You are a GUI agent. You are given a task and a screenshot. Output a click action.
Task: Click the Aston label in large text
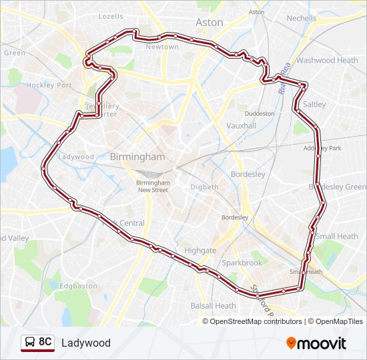[210, 22]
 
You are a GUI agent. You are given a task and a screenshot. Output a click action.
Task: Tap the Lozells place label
[111, 16]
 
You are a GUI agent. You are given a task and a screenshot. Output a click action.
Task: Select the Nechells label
[302, 18]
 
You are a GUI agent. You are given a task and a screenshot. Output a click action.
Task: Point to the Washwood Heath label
[327, 60]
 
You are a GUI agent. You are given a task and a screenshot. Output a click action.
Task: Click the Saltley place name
[314, 105]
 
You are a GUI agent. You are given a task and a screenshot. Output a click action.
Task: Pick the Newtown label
[162, 47]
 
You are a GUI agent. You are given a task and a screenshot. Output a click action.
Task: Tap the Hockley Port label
[49, 85]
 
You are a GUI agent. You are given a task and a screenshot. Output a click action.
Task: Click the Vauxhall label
[242, 125]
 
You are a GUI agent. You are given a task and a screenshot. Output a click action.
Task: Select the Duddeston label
[259, 113]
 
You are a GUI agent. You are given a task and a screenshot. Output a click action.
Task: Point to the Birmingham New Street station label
[153, 186]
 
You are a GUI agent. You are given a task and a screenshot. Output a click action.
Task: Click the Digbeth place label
[204, 187]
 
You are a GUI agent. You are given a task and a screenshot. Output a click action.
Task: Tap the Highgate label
[200, 251]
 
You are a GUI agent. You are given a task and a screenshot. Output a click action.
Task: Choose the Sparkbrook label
[242, 263]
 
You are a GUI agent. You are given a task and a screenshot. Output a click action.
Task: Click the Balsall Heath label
[213, 306]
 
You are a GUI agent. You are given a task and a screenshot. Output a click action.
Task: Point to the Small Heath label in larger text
[337, 236]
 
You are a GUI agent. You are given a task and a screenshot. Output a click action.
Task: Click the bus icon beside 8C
[30, 343]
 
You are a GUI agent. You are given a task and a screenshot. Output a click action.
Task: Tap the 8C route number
[45, 343]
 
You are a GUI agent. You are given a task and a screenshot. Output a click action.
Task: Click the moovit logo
[316, 343]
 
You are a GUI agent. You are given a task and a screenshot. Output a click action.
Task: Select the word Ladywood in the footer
[86, 343]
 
